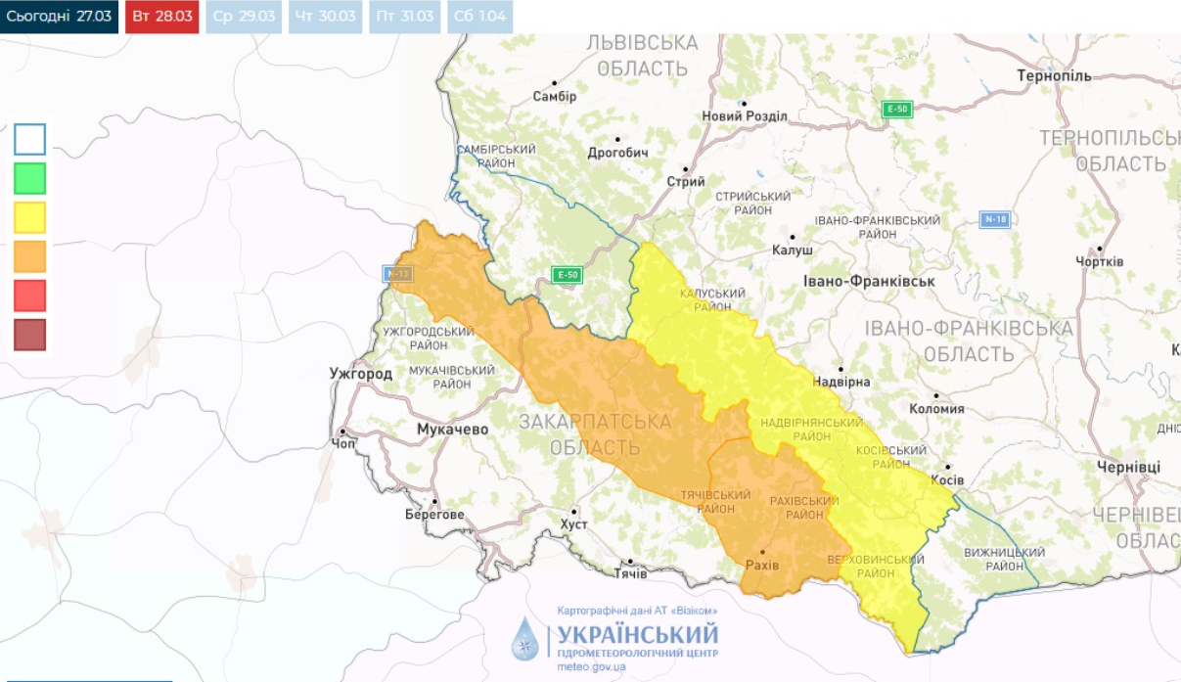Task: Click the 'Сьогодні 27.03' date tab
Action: (59, 17)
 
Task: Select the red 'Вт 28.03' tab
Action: (161, 17)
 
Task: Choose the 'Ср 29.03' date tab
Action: (242, 17)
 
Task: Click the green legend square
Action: (29, 178)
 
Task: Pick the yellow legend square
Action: (29, 217)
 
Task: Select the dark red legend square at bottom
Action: (29, 335)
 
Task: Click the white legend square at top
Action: (29, 139)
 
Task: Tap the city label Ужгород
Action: (361, 373)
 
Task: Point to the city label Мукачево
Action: (452, 430)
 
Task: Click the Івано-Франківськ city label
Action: (869, 281)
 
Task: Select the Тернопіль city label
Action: (1053, 75)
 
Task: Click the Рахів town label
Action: (762, 566)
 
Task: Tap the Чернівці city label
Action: (1127, 467)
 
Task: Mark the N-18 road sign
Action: (994, 219)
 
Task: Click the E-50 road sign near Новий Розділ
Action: (896, 109)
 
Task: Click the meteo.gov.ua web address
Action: (591, 666)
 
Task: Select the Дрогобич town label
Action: (617, 153)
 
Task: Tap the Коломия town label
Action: (936, 409)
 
